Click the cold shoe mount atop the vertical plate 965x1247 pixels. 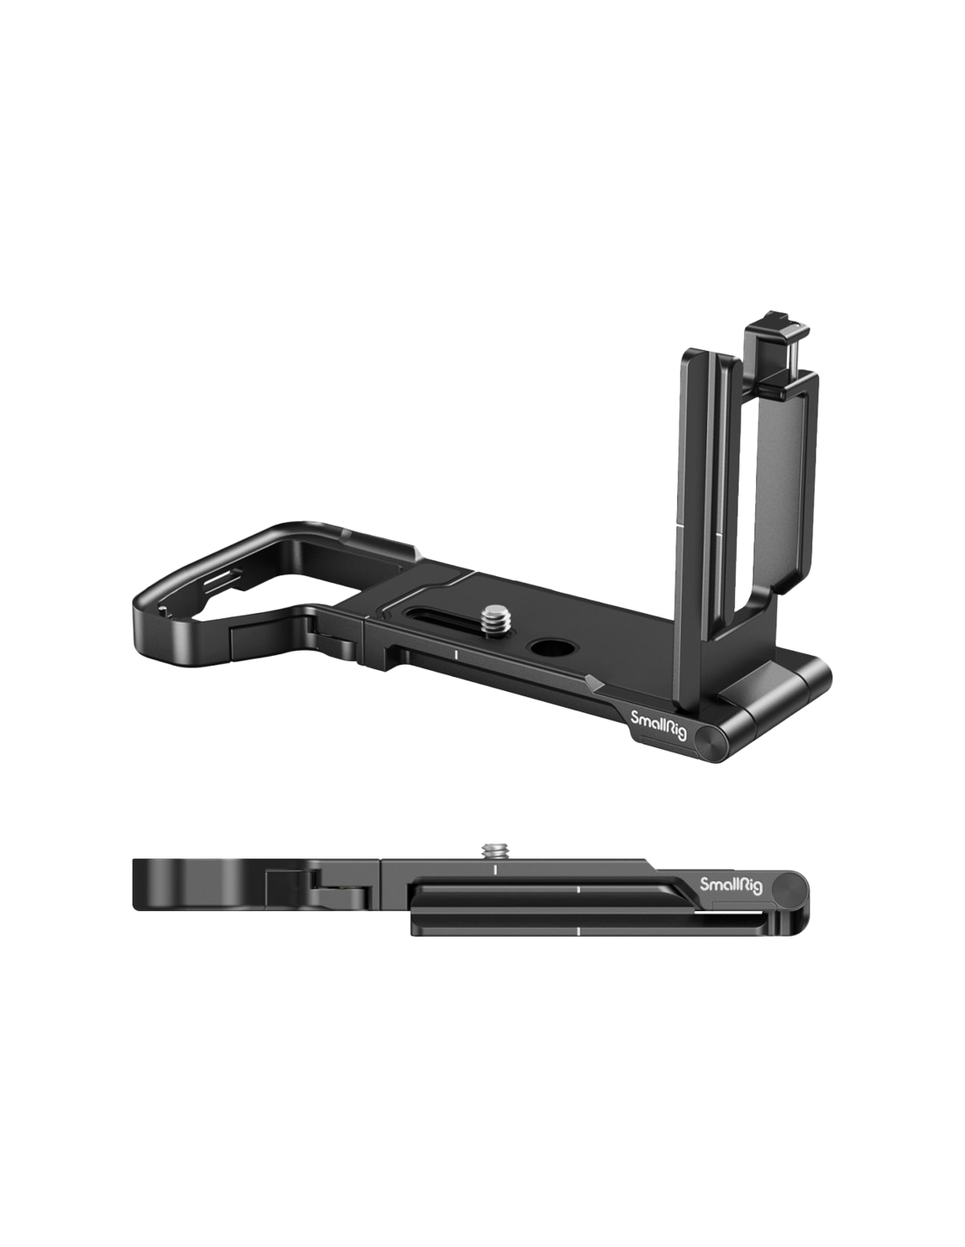767,358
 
